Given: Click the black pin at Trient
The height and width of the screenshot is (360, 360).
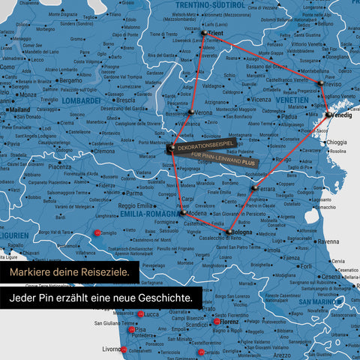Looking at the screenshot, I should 203,33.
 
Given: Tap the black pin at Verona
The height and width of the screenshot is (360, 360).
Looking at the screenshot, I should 191,111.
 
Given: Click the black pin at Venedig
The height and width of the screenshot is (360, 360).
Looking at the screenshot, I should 328,115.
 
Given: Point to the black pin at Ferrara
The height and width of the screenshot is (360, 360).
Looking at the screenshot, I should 254,187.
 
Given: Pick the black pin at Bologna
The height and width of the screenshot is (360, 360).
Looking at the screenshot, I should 229,232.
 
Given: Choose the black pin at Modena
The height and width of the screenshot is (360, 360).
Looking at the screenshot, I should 182,213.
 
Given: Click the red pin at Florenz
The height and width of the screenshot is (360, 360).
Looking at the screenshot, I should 216,322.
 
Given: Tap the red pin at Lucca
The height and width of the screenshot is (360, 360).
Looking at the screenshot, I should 140,314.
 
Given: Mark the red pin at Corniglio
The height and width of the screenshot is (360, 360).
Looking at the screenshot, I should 97,234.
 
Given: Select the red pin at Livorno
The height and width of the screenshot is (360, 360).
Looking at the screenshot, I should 124,349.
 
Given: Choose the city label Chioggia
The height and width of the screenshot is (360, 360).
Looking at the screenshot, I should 337,142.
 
